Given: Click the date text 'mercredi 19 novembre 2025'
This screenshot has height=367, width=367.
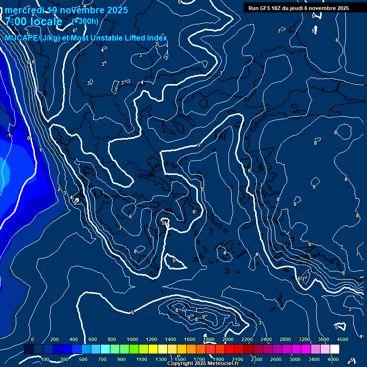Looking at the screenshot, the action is pos(66,10).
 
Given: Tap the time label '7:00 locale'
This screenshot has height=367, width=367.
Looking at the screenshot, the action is pos(34,22).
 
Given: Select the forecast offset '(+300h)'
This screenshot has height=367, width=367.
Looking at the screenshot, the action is pos(85,21).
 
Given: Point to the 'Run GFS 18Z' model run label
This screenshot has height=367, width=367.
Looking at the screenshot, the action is pos(268,8).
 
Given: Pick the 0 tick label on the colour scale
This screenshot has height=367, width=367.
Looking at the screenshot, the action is pos(32,339).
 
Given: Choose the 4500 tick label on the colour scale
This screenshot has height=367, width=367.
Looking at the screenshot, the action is pos(342,339).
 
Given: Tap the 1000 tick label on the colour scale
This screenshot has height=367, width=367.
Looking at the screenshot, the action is pos(132,339).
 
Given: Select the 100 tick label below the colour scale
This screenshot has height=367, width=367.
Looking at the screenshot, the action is pos(45,359).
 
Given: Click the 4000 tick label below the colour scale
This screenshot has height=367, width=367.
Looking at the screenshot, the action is pos(333,359).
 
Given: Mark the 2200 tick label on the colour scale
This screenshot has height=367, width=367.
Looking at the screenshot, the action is pos(247,339).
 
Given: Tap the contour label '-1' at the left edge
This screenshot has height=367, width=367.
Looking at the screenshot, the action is pos(9,136).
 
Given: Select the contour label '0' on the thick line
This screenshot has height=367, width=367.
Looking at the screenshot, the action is pos(29,138).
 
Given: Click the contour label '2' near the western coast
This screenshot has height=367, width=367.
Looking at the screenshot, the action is pos(59,189).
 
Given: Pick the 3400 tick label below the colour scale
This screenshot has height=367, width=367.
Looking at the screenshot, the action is pos(314,359).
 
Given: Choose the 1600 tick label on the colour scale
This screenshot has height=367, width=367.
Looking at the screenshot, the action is pos(189,339).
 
